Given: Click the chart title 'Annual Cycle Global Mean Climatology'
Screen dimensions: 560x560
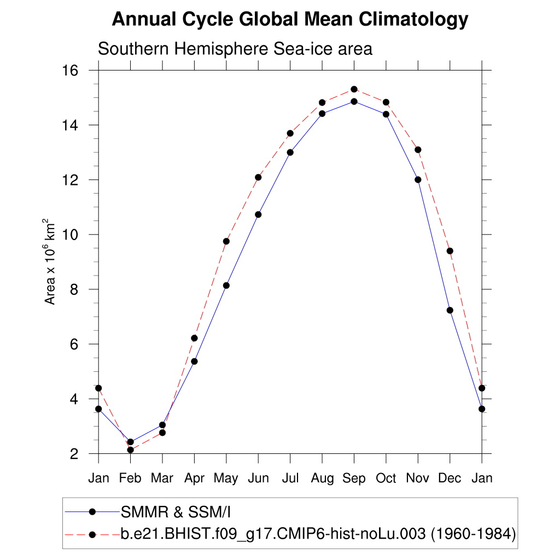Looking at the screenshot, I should (x=290, y=20).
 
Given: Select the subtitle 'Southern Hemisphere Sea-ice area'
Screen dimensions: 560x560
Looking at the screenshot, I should (x=235, y=49).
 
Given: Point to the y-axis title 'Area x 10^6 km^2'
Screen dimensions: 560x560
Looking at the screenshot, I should (x=50, y=261).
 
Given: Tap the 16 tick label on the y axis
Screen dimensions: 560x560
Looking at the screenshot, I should (x=71, y=71).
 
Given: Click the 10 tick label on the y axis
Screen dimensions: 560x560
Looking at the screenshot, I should (x=71, y=235).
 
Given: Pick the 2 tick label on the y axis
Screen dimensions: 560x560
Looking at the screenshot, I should (x=74, y=454).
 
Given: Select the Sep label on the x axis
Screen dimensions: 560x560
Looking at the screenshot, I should (x=354, y=479).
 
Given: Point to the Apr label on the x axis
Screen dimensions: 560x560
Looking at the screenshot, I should (x=194, y=479).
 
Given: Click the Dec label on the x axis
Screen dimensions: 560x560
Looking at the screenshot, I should (x=450, y=479).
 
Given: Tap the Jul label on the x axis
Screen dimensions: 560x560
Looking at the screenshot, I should (x=290, y=479).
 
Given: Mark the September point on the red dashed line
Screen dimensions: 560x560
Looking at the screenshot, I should (x=354, y=89).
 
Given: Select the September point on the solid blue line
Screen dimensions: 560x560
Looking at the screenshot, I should (x=354, y=101).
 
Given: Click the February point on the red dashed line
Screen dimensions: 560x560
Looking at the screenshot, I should (x=130, y=450).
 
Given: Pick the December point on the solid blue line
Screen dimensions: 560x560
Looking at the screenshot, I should (x=450, y=310).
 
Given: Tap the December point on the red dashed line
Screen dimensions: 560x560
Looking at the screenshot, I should (x=450, y=251).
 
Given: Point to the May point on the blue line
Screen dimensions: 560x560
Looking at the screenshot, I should (x=226, y=285).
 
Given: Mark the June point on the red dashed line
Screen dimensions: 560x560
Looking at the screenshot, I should (x=258, y=177).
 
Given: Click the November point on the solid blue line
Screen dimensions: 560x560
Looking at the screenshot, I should (x=418, y=179).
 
